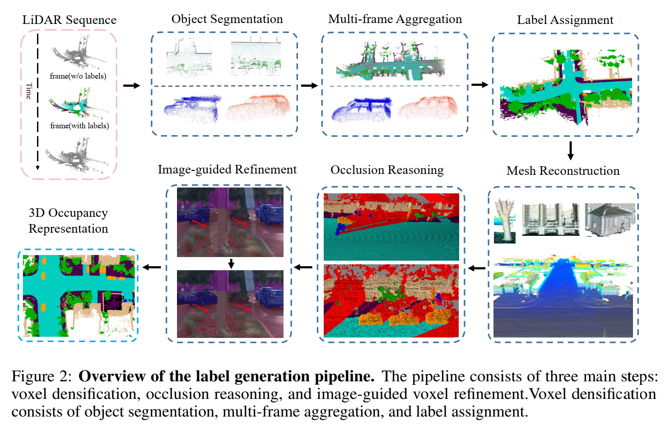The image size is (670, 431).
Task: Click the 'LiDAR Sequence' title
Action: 69,20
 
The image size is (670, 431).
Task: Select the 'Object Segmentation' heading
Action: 227,19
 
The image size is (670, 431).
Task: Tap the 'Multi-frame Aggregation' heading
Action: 395,19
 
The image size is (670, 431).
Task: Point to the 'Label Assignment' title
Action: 565,20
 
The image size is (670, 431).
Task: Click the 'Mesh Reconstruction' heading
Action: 563,171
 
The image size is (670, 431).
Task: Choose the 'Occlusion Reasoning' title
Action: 387,170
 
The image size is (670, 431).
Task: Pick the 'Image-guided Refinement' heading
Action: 227,169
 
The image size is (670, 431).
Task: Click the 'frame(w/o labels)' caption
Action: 78,76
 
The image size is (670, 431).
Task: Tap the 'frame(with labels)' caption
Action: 79,126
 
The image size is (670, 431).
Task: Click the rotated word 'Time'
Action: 29,91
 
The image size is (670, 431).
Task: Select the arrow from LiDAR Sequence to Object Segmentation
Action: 131,85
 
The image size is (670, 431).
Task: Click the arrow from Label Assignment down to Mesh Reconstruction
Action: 570,150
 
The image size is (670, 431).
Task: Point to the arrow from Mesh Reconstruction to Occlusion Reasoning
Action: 476,268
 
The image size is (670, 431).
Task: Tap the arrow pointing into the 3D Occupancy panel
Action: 152,267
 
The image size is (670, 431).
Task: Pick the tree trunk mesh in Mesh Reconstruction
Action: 505,220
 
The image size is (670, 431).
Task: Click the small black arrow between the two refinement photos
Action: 231,263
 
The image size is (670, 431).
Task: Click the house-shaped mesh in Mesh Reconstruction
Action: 610,220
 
